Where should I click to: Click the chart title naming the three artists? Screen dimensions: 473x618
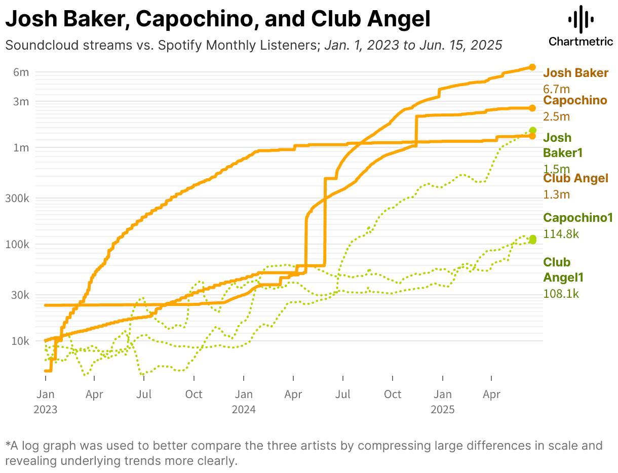click(x=218, y=19)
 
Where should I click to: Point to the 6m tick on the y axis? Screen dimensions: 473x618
click(x=21, y=72)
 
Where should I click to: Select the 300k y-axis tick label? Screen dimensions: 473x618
click(x=17, y=198)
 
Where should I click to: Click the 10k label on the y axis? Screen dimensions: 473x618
click(x=20, y=341)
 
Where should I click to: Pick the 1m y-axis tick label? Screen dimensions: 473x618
click(x=21, y=148)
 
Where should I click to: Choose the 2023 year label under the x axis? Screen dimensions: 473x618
click(x=45, y=410)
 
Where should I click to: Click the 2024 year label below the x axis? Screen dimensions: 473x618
click(x=244, y=410)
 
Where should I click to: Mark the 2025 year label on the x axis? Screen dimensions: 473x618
click(x=443, y=410)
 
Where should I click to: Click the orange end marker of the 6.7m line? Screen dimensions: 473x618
click(x=532, y=67)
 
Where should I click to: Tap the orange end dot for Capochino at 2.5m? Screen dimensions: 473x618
click(x=532, y=108)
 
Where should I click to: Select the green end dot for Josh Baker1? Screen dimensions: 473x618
click(x=532, y=130)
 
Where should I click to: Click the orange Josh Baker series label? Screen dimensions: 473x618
click(x=575, y=73)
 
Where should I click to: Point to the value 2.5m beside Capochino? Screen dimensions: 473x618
click(x=557, y=116)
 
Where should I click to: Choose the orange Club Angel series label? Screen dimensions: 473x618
click(x=575, y=178)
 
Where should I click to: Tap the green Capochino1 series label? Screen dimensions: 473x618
click(x=578, y=218)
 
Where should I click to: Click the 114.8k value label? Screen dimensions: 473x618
click(x=561, y=234)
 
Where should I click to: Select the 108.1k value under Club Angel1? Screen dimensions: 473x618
click(x=561, y=293)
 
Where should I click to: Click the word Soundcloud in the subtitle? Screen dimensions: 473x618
click(x=35, y=45)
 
